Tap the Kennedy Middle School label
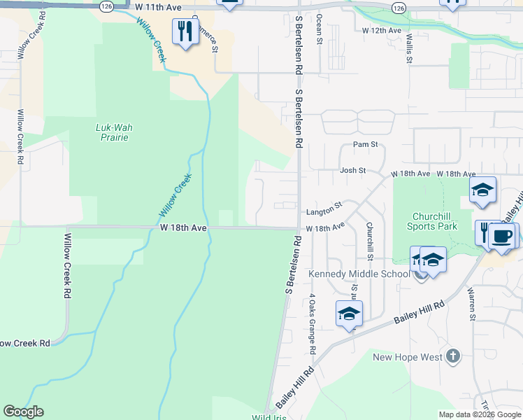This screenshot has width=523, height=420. click(x=359, y=273)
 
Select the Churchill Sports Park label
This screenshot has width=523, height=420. click(x=432, y=221)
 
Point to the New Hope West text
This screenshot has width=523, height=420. click(x=408, y=357)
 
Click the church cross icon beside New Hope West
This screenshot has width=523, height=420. click(x=453, y=356)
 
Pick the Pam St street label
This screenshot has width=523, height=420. click(x=365, y=145)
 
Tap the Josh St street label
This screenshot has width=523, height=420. click(x=353, y=170)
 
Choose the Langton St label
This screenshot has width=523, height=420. click(x=323, y=209)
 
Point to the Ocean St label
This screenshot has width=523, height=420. click(x=320, y=28)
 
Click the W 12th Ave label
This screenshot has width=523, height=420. click(x=382, y=31)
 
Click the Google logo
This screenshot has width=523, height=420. click(x=23, y=412)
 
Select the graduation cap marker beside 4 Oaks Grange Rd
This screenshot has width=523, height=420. click(x=349, y=314)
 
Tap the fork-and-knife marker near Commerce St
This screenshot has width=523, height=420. click(x=185, y=31)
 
